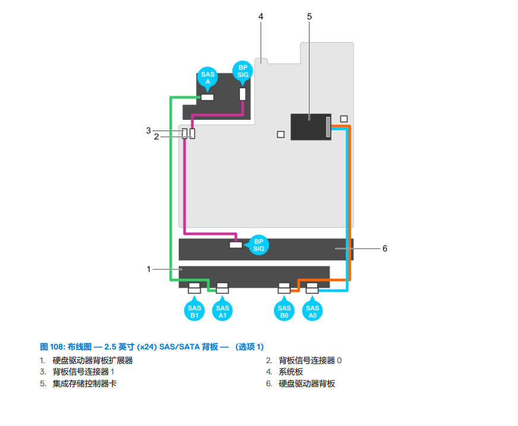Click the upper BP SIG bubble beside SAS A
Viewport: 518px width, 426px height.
point(243,71)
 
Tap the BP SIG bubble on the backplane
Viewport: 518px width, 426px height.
point(258,245)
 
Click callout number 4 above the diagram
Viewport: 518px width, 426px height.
point(260,16)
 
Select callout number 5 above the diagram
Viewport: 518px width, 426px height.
point(309,16)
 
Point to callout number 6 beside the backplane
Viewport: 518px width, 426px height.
point(384,249)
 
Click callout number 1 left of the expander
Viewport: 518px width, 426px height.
point(149,269)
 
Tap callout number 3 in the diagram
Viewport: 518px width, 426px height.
point(149,130)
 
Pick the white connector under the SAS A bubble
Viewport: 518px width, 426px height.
point(207,97)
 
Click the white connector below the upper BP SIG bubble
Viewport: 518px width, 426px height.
point(242,94)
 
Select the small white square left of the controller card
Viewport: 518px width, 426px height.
point(281,135)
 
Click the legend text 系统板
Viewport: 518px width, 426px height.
point(291,372)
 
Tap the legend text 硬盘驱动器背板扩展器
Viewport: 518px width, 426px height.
point(92,360)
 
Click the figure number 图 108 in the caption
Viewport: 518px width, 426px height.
point(52,346)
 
